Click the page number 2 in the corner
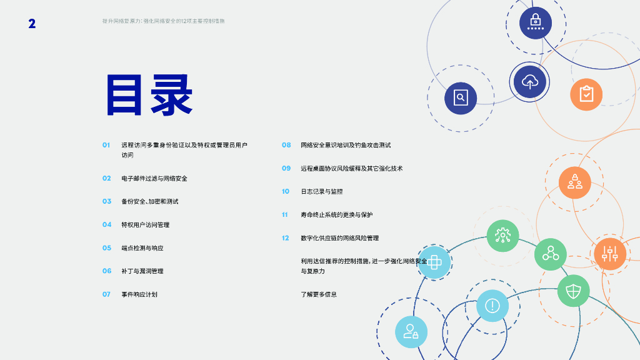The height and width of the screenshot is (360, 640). point(32,24)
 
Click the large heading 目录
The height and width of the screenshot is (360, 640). point(149,95)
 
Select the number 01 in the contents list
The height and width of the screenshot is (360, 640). point(106,145)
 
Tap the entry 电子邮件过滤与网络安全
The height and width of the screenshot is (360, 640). point(154,179)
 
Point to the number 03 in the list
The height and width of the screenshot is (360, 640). point(107,201)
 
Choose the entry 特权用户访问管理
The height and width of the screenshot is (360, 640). point(146,225)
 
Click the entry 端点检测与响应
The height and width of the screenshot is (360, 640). point(142,248)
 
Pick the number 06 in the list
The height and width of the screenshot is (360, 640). point(107,271)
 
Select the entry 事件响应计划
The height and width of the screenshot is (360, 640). point(139,294)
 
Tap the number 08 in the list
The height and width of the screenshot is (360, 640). point(286,145)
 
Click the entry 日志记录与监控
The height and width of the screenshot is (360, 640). point(322,191)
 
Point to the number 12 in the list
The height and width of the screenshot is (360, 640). point(286,238)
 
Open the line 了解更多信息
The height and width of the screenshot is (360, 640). point(319,294)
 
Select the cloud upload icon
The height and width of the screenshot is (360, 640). point(530,81)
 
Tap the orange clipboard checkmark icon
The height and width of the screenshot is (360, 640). point(586,94)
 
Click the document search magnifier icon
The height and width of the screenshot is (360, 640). point(461,98)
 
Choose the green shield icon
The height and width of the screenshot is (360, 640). point(573,291)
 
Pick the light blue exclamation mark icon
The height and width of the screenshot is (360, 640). point(492,306)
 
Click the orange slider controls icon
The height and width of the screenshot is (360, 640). point(609,253)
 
